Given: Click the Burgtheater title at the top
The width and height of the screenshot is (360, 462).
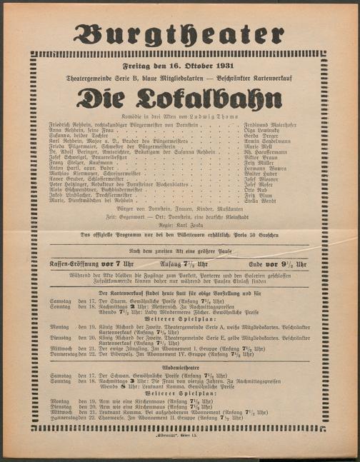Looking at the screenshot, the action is (179, 34).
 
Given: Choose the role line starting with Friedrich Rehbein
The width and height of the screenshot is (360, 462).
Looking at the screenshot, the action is (125, 124).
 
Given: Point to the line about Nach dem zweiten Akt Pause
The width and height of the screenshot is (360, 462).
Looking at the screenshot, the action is (179, 251).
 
